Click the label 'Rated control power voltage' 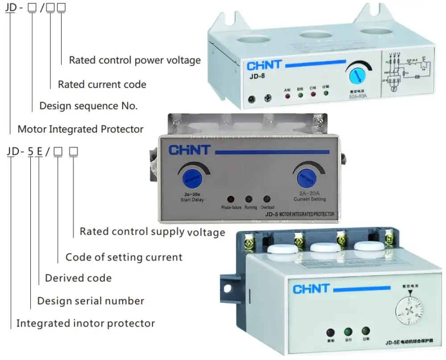coord(135,60)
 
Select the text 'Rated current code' coord(102,84)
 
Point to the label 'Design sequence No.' coord(88,106)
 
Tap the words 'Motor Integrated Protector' coord(80,129)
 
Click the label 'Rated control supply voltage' coord(152,232)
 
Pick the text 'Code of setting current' coord(124,257)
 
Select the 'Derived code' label coord(78,278)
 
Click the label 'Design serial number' coord(91,301)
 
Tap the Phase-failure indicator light coord(231,199)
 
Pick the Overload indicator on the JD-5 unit coord(267,199)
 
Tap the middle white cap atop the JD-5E coord(325,248)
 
